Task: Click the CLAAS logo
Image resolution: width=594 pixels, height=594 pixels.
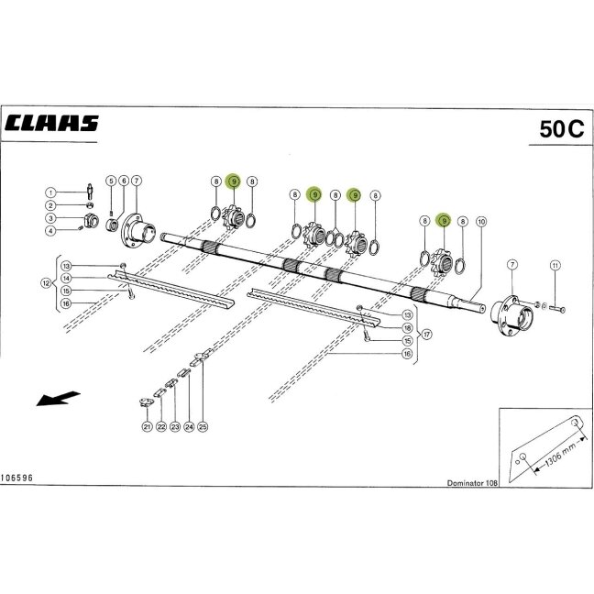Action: pyautogui.click(x=51, y=123)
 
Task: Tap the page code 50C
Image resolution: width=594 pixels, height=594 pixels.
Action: pyautogui.click(x=562, y=129)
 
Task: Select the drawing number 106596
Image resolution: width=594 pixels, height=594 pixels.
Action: pyautogui.click(x=16, y=478)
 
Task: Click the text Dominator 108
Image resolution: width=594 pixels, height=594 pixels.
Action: pyautogui.click(x=472, y=483)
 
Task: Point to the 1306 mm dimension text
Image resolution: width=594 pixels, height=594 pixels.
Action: pyautogui.click(x=561, y=454)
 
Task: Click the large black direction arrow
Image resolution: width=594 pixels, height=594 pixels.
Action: pyautogui.click(x=58, y=399)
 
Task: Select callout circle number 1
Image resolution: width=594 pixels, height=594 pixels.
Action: pyautogui.click(x=50, y=192)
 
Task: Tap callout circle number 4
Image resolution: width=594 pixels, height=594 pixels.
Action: pyautogui.click(x=50, y=230)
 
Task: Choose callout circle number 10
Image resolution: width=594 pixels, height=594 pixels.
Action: pyautogui.click(x=481, y=221)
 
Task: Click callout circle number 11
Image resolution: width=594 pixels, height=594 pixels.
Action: pyautogui.click(x=555, y=266)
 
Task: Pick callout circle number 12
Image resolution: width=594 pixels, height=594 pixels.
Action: pyautogui.click(x=46, y=283)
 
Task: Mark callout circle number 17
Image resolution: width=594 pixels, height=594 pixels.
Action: pyautogui.click(x=427, y=334)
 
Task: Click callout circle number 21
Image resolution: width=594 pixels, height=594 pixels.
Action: pyautogui.click(x=147, y=426)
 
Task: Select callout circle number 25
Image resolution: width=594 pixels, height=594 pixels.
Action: pyautogui.click(x=203, y=426)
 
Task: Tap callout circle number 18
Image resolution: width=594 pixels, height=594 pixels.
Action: pyautogui.click(x=407, y=328)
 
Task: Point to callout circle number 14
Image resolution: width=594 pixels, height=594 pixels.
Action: pyautogui.click(x=66, y=278)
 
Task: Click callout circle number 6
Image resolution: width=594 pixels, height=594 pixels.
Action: pyautogui.click(x=124, y=181)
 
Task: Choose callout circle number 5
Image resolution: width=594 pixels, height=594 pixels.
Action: pyautogui.click(x=111, y=181)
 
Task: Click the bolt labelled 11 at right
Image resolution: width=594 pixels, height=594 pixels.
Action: pyautogui.click(x=556, y=309)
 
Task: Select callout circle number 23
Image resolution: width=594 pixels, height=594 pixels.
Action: pyautogui.click(x=175, y=426)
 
